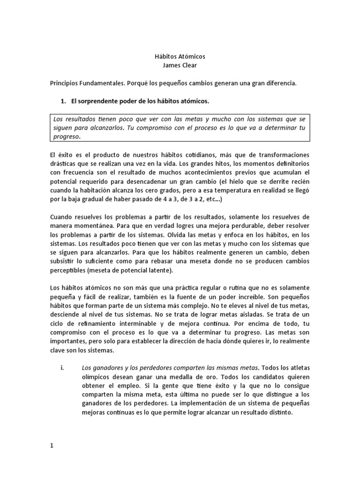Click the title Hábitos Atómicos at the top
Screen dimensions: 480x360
click(180, 56)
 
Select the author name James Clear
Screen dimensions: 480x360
click(180, 65)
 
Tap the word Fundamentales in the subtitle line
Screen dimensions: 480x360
click(100, 83)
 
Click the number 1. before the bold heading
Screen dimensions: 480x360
click(65, 101)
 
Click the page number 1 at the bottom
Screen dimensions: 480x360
click(52, 446)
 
